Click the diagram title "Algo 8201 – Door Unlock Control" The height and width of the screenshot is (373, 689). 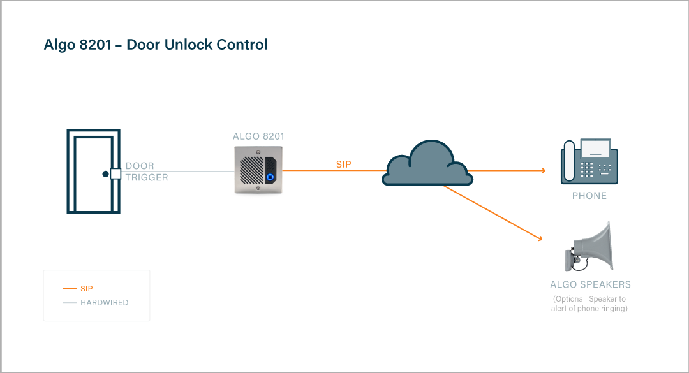click(x=155, y=45)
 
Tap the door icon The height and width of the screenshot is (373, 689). click(x=93, y=171)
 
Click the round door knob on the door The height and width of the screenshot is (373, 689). click(x=105, y=173)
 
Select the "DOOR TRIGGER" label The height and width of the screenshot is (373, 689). click(x=146, y=172)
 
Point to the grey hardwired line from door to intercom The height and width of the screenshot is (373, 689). click(x=191, y=171)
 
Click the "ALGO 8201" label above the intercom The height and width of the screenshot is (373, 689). click(x=258, y=136)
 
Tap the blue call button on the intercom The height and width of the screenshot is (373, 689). click(x=271, y=178)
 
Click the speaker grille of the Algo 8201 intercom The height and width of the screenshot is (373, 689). click(x=251, y=171)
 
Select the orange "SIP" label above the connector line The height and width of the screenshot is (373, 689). click(x=343, y=165)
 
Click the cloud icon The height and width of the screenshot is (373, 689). click(x=427, y=164)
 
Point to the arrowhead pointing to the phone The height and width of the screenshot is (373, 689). click(x=542, y=170)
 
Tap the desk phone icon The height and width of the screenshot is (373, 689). click(x=589, y=163)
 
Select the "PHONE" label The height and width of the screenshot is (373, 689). click(x=589, y=196)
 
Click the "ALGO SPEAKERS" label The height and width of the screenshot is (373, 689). click(x=590, y=284)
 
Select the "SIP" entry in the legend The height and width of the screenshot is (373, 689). click(x=86, y=289)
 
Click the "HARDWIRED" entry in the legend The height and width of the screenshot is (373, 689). click(x=104, y=302)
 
